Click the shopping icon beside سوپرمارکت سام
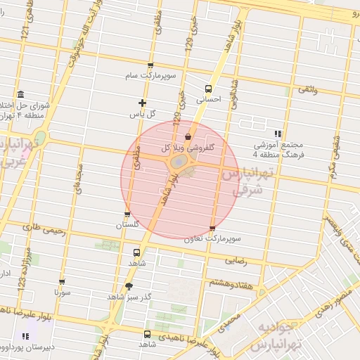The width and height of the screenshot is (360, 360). (150, 66)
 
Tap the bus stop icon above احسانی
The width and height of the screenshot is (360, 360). (208, 89)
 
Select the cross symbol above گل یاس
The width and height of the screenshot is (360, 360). (142, 103)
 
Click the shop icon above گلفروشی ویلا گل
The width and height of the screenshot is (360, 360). (188, 136)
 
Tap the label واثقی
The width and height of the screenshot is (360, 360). (307, 89)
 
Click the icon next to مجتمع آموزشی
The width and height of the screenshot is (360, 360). (278, 133)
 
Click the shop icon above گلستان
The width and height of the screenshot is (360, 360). (127, 214)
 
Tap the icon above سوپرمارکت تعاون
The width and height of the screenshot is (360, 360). (212, 229)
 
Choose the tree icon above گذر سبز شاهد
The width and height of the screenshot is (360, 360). (128, 285)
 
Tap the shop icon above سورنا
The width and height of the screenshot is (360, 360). (62, 281)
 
